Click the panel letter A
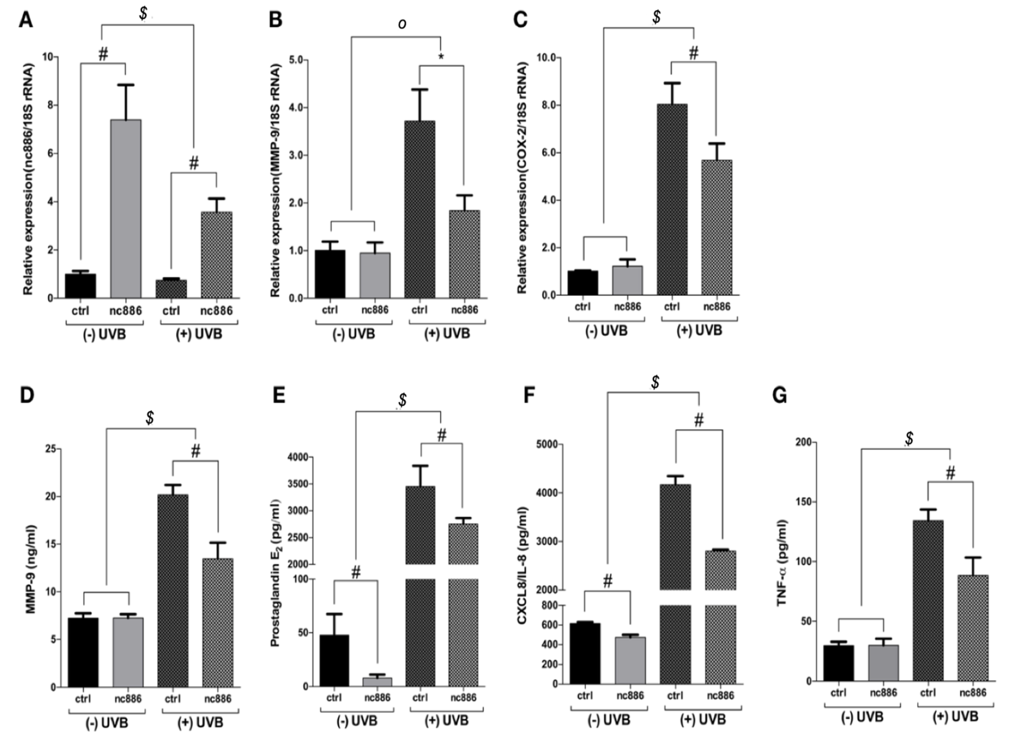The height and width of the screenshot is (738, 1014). [25, 20]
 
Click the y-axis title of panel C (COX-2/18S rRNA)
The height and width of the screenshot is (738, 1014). [522, 178]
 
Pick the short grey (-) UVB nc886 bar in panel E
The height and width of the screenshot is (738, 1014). [377, 682]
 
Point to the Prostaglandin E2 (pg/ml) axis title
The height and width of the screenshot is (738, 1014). [275, 573]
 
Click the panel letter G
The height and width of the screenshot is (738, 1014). [780, 396]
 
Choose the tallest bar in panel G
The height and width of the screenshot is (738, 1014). [928, 601]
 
